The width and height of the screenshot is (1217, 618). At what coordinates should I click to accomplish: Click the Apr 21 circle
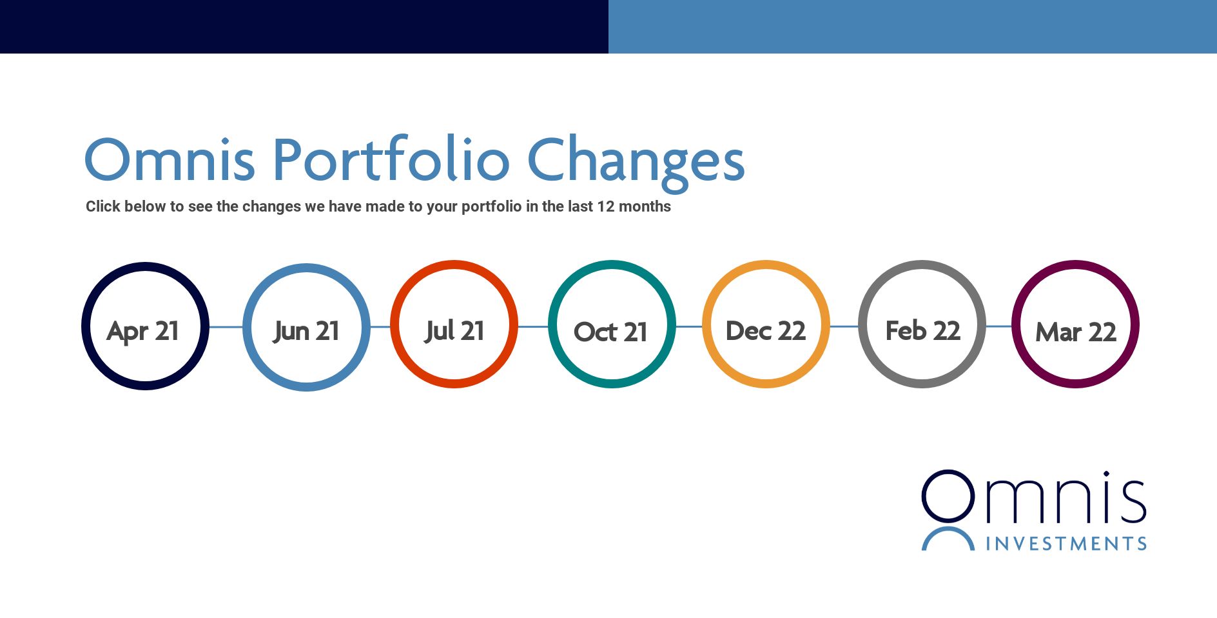tap(145, 266)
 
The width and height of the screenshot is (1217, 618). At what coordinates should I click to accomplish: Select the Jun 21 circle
tap(306, 267)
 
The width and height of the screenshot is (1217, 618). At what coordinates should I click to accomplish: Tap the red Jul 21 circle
tap(454, 264)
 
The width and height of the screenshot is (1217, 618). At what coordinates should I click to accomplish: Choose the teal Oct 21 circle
tap(612, 264)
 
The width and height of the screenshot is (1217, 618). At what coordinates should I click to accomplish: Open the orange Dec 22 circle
tap(766, 264)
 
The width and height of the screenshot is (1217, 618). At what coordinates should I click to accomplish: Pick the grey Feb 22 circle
tap(922, 264)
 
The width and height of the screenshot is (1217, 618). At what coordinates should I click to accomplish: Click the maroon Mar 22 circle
tap(1075, 264)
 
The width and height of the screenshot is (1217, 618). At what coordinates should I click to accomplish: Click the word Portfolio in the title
tap(391, 159)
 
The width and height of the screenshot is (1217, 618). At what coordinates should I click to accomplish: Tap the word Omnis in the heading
tap(170, 159)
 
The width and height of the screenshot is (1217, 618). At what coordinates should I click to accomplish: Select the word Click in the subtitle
tap(103, 206)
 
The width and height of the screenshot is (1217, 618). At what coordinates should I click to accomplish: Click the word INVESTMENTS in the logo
tap(1066, 544)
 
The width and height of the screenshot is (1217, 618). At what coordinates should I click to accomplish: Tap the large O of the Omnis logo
tap(948, 472)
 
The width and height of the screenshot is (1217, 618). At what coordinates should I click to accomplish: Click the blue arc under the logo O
tap(948, 530)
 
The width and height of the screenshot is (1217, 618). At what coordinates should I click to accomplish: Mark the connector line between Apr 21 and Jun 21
tap(226, 327)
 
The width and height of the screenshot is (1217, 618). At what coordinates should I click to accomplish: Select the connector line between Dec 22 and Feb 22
tap(844, 326)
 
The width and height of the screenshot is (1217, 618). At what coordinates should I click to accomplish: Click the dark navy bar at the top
tap(304, 26)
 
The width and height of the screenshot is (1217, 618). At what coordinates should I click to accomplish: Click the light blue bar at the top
tap(913, 26)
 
